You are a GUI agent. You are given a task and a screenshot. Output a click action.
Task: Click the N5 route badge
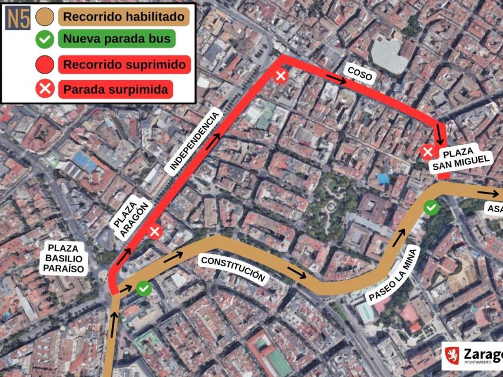pyautogui.click(x=18, y=18)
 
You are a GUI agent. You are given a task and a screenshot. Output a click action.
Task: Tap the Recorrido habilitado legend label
pyautogui.click(x=124, y=17)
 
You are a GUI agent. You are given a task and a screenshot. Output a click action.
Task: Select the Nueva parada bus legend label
pyautogui.click(x=116, y=39)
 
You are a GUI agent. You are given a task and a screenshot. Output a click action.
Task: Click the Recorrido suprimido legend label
pyautogui.click(x=124, y=64)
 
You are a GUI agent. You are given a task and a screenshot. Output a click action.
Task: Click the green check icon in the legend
pyautogui.click(x=45, y=40)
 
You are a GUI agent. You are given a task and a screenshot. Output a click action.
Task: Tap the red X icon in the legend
pyautogui.click(x=45, y=90)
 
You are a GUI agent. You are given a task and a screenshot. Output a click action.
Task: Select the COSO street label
pyautogui.click(x=360, y=74)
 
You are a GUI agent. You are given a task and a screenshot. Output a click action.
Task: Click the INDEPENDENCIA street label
pyautogui.click(x=194, y=141)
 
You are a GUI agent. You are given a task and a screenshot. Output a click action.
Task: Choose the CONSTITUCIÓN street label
pyautogui.click(x=233, y=268)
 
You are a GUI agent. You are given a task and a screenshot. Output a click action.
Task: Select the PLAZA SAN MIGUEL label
pyautogui.click(x=461, y=159)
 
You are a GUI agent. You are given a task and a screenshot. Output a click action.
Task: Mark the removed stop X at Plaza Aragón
pyautogui.click(x=155, y=232)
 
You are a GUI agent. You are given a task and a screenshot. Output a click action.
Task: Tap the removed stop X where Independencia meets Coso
pyautogui.click(x=281, y=75)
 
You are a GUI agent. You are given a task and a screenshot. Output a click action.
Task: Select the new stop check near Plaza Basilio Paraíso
pyautogui.click(x=143, y=288)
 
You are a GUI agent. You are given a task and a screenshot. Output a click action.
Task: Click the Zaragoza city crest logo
pyautogui.click(x=452, y=355)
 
